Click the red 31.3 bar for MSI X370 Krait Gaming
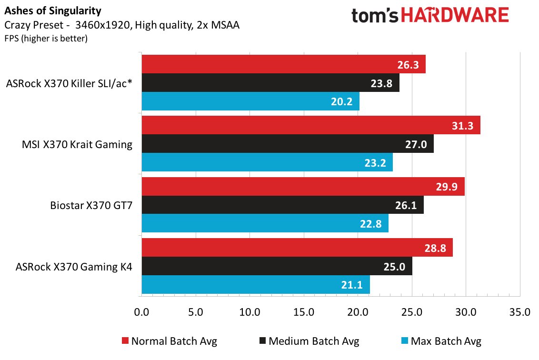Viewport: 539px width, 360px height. pos(311,125)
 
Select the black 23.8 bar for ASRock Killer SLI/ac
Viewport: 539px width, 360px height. pos(270,83)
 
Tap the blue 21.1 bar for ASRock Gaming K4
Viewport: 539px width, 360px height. pos(256,285)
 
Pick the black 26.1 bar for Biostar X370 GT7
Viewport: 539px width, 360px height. pos(282,205)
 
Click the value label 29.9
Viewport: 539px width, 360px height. pos(447,187)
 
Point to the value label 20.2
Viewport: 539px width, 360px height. pos(342,101)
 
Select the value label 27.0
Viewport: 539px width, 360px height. pos(416,144)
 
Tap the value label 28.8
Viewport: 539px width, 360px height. pos(435,248)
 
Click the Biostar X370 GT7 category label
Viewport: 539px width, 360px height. pos(91,205)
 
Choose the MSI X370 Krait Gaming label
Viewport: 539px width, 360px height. pos(77,144)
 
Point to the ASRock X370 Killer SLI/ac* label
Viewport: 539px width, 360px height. pos(69,83)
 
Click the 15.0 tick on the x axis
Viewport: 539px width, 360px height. pos(304,312)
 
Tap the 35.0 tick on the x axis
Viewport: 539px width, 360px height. pos(520,312)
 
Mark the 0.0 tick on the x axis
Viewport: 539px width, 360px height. pos(141,312)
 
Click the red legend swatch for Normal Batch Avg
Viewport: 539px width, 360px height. pos(126,341)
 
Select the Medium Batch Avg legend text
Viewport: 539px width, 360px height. pos(314,341)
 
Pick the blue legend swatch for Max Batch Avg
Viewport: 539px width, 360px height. pos(405,341)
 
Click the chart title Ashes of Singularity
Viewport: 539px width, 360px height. pos(53,11)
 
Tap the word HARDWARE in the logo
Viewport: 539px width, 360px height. pos(455,15)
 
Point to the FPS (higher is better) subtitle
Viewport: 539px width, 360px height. pos(46,38)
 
